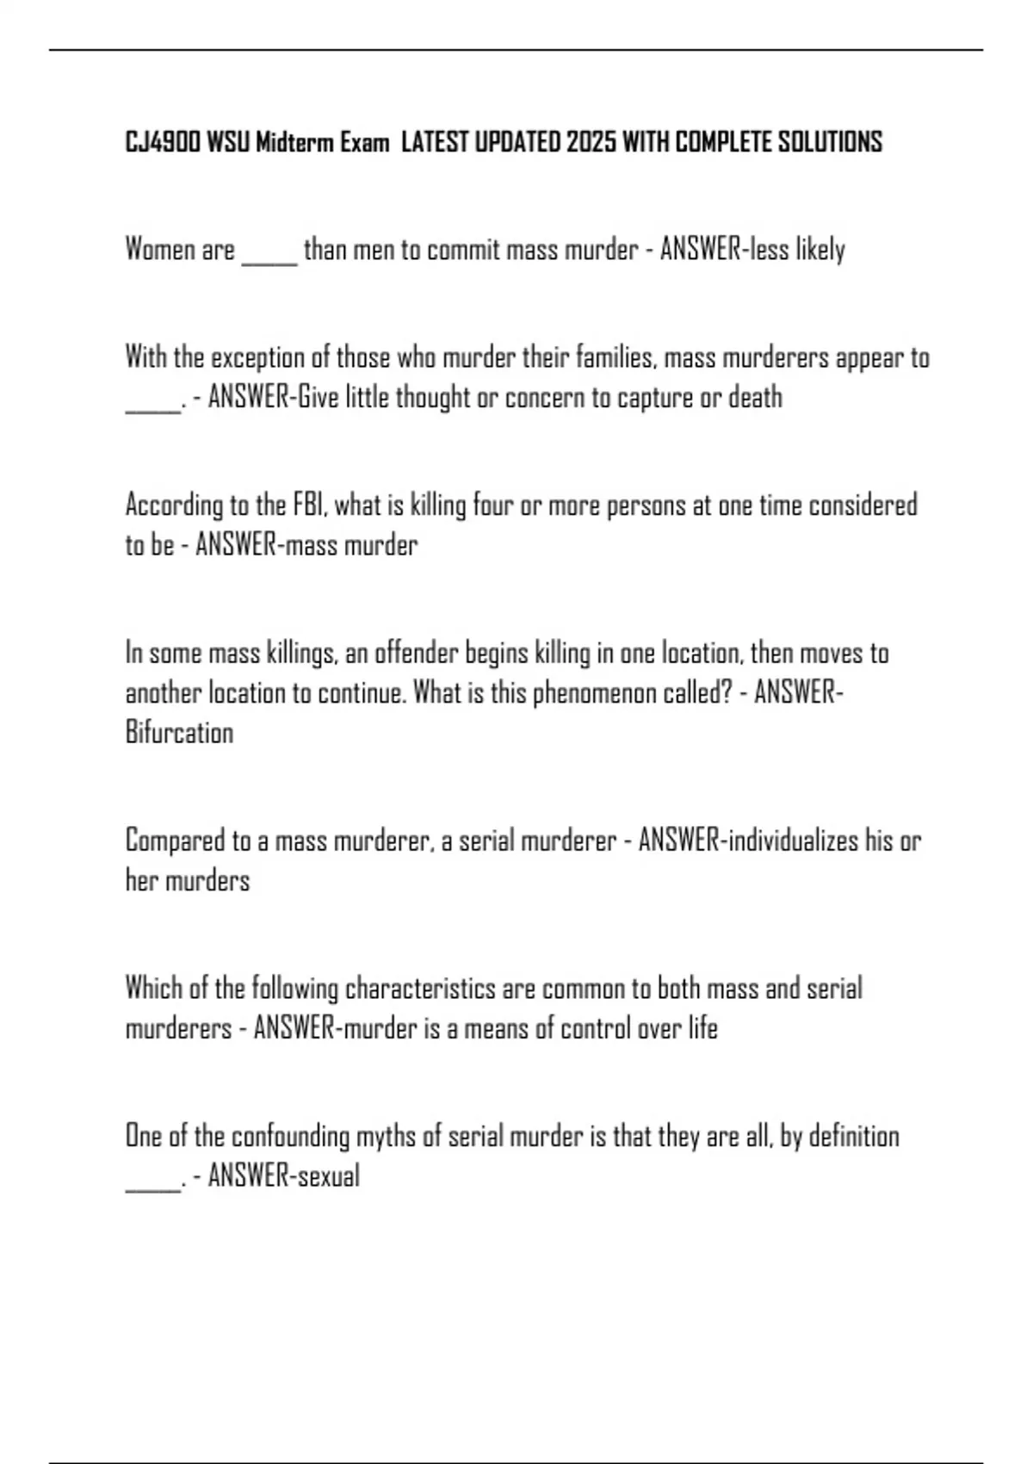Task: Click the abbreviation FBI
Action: tap(309, 505)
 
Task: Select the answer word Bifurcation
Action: tap(179, 733)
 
